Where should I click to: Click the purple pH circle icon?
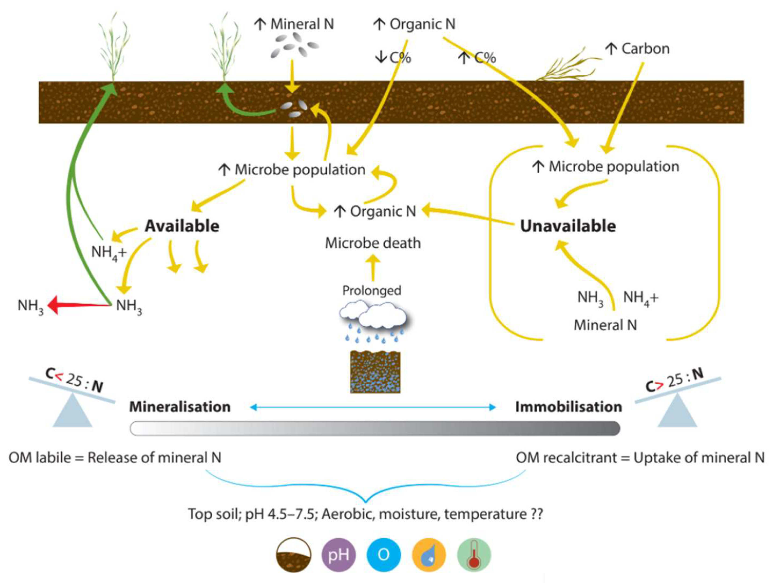click(338, 555)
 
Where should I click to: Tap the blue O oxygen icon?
click(384, 555)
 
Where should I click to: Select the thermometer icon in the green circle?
click(474, 555)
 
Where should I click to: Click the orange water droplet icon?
click(429, 555)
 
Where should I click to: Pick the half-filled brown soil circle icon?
click(293, 555)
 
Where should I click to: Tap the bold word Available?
click(182, 226)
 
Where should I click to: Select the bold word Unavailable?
click(568, 226)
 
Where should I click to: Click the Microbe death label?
click(373, 243)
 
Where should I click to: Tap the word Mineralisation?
click(180, 407)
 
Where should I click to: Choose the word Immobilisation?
click(568, 407)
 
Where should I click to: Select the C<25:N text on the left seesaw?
click(74, 380)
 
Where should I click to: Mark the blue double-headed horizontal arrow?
click(373, 407)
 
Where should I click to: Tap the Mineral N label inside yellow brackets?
click(605, 325)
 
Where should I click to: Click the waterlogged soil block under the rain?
click(375, 372)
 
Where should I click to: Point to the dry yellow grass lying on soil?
click(565, 68)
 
